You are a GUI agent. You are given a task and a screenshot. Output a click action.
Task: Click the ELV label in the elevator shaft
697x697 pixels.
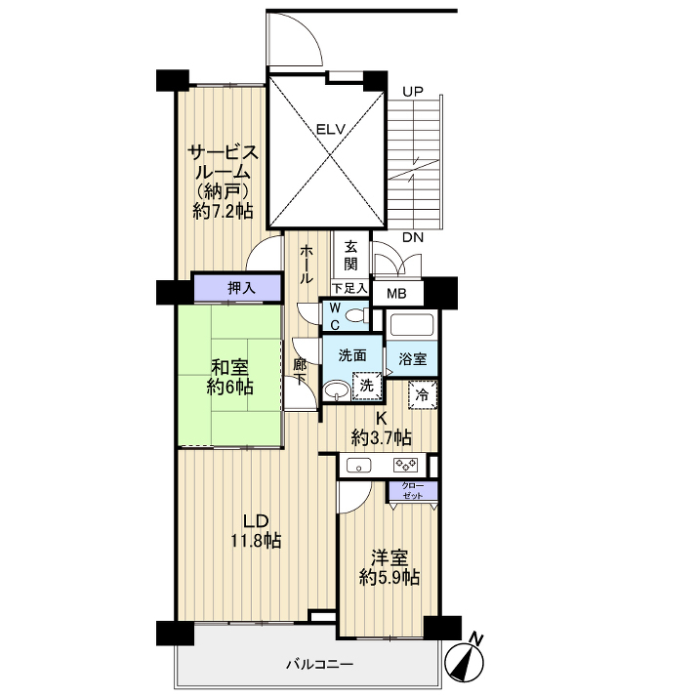pyautogui.click(x=330, y=130)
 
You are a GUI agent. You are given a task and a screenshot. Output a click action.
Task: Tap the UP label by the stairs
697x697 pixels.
pyautogui.click(x=413, y=92)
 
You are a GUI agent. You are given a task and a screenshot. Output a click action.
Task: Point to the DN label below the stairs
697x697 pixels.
pyautogui.click(x=413, y=238)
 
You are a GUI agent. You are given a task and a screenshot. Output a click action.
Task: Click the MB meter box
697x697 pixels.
pyautogui.click(x=396, y=294)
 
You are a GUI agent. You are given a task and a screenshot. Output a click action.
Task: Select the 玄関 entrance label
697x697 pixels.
pyautogui.click(x=350, y=256)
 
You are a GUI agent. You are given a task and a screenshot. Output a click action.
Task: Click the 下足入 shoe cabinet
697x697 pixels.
pyautogui.click(x=349, y=289)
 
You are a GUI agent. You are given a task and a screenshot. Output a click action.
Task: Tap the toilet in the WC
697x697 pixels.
pyautogui.click(x=355, y=316)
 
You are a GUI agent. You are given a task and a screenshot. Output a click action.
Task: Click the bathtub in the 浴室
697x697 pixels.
pyautogui.click(x=411, y=324)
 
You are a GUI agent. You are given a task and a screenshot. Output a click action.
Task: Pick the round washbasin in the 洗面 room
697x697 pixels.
pyautogui.click(x=336, y=389)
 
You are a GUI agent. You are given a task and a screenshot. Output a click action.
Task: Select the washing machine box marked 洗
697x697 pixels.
pyautogui.click(x=367, y=385)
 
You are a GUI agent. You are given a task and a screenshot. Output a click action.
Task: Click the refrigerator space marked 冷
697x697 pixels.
pyautogui.click(x=423, y=394)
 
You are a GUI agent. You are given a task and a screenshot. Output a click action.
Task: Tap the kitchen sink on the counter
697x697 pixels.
pyautogui.click(x=358, y=466)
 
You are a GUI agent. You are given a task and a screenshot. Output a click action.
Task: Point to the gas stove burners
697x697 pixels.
pyautogui.click(x=405, y=466)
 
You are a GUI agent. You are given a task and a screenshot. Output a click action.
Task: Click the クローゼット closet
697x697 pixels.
pyautogui.click(x=413, y=490)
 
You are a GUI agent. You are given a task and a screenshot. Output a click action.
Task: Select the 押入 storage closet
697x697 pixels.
pyautogui.click(x=238, y=288)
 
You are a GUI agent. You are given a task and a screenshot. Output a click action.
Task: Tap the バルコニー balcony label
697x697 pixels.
pyautogui.click(x=319, y=665)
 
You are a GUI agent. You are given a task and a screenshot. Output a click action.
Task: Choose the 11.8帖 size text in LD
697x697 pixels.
pyautogui.click(x=256, y=541)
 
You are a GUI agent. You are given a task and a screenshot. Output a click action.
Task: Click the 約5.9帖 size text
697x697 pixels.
pyautogui.click(x=389, y=577)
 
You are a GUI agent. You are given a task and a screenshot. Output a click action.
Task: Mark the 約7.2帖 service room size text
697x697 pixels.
pyautogui.click(x=224, y=211)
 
